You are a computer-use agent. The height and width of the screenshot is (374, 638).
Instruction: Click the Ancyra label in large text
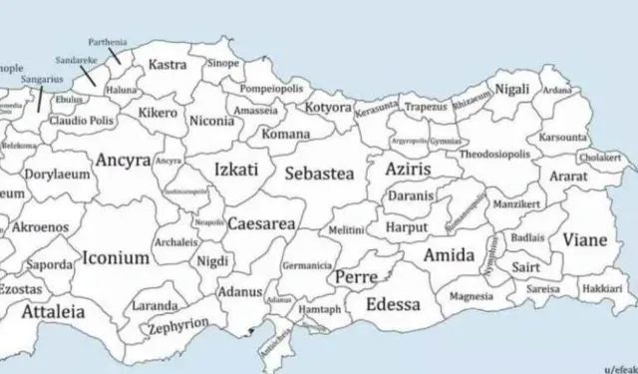click(124, 160)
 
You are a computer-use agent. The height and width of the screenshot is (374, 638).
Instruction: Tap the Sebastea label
click(319, 174)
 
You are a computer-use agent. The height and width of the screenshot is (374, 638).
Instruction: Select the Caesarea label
click(261, 224)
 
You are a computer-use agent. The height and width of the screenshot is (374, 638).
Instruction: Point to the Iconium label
click(116, 257)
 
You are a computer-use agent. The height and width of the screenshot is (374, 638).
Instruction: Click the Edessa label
click(393, 304)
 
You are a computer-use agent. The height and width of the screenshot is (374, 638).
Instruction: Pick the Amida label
click(449, 255)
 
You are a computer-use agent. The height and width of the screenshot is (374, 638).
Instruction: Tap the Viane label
click(584, 239)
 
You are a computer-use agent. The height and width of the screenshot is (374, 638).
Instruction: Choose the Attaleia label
click(53, 311)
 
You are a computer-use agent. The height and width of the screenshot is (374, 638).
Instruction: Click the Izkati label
click(236, 170)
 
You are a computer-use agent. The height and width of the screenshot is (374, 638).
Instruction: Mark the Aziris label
click(408, 171)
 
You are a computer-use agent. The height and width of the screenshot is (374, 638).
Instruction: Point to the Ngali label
click(512, 89)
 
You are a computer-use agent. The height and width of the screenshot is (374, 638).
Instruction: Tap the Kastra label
click(167, 65)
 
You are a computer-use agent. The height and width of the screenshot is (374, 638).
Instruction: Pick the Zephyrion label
click(178, 326)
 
